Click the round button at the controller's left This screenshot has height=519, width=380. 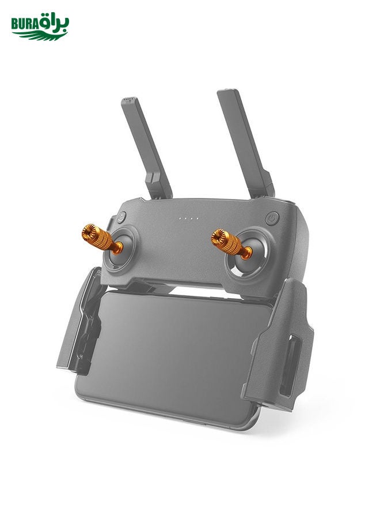pyautogui.click(x=121, y=217)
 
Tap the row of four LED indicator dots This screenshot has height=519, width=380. pyautogui.click(x=189, y=219)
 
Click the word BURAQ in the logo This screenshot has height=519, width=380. pyautogui.click(x=25, y=24)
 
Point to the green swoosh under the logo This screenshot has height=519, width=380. pyautogui.click(x=40, y=35)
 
